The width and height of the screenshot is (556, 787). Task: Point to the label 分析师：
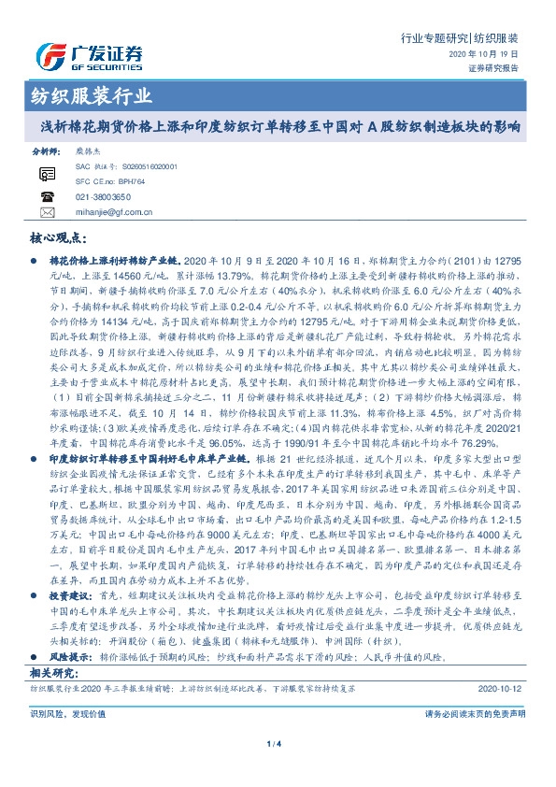[x=46, y=150]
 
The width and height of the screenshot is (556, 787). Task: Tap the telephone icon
[x=48, y=196]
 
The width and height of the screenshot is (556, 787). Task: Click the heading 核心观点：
[x=58, y=238]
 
